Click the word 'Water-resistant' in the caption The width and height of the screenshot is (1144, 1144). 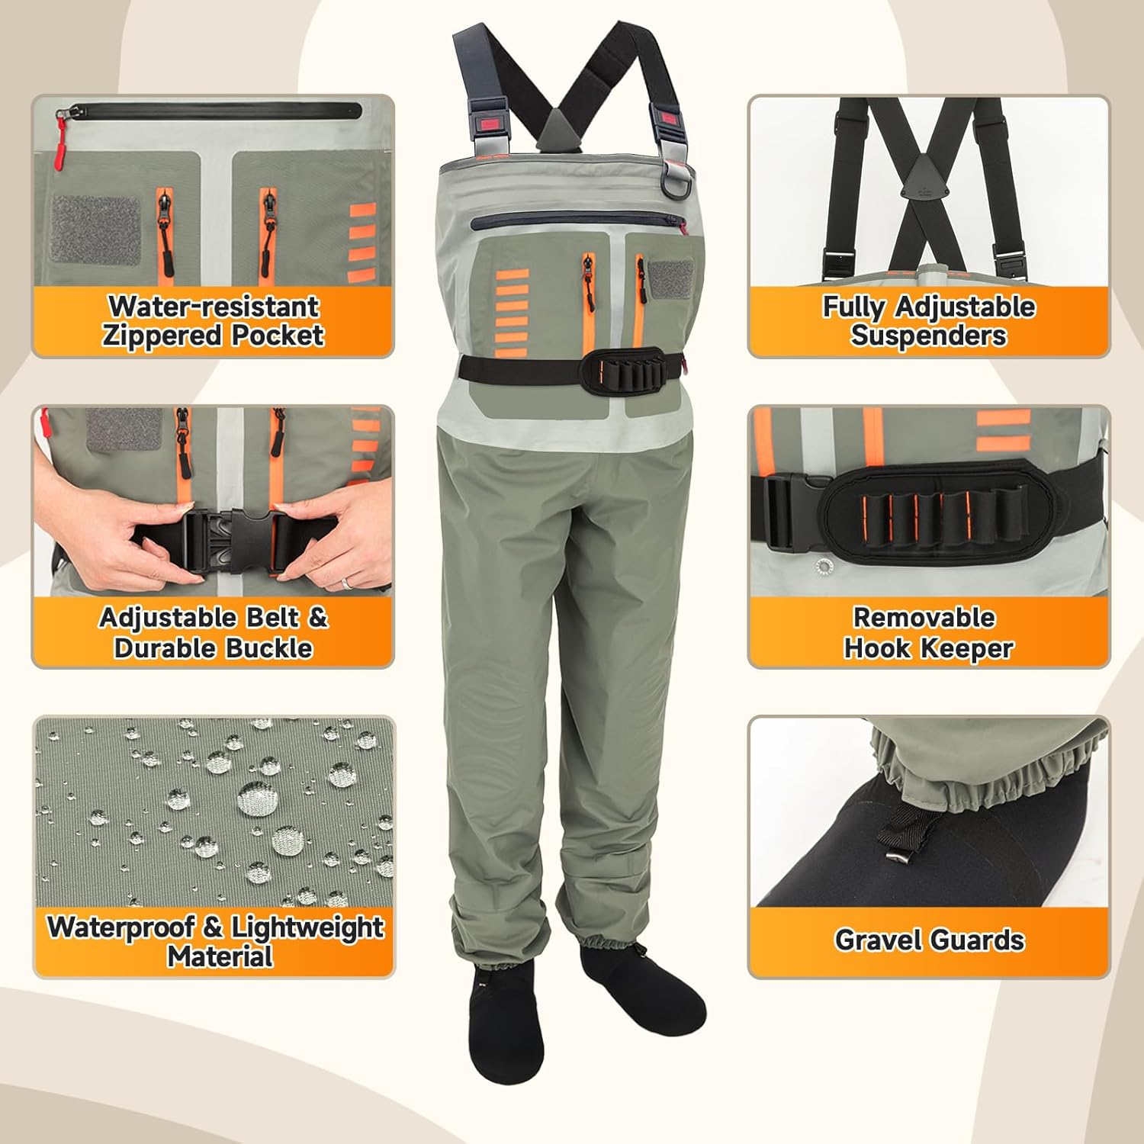tap(213, 307)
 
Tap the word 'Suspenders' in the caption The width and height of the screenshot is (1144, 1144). tap(928, 336)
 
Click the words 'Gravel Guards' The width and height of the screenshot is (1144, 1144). tap(929, 940)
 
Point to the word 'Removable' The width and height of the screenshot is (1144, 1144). tap(924, 617)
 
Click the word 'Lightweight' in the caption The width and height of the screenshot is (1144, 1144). tap(307, 927)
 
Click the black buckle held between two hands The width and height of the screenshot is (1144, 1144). tap(229, 538)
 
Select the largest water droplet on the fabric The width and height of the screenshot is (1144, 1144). tap(252, 799)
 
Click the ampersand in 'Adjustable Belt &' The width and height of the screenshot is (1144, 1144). tap(317, 617)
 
